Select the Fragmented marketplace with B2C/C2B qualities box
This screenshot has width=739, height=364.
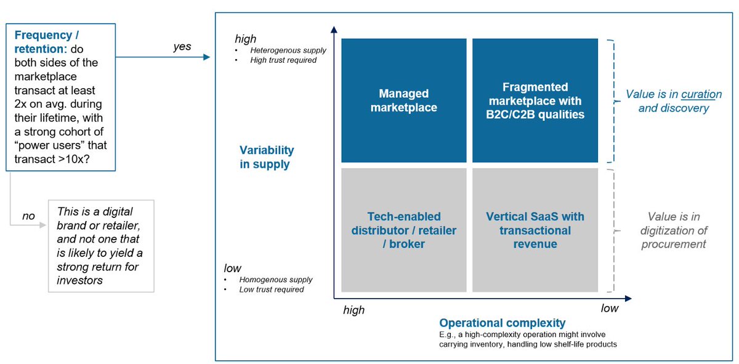[x=535, y=100]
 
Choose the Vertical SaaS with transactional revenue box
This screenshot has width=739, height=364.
[x=535, y=230]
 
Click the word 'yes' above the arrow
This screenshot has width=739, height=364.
[x=182, y=47]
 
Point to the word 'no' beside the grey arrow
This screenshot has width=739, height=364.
[x=28, y=216]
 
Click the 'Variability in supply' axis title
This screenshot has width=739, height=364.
[x=266, y=157]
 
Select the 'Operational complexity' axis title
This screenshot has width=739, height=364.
[x=502, y=323]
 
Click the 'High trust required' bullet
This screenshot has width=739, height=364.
[x=283, y=60]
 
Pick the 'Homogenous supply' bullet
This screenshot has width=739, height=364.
[x=276, y=280]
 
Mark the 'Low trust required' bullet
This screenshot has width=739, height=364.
[x=272, y=289]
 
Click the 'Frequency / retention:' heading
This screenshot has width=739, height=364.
[x=47, y=42]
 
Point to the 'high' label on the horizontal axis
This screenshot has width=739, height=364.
[x=353, y=310]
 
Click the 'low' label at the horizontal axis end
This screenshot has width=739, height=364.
[x=610, y=309]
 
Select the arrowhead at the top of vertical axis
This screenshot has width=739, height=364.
[x=333, y=29]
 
